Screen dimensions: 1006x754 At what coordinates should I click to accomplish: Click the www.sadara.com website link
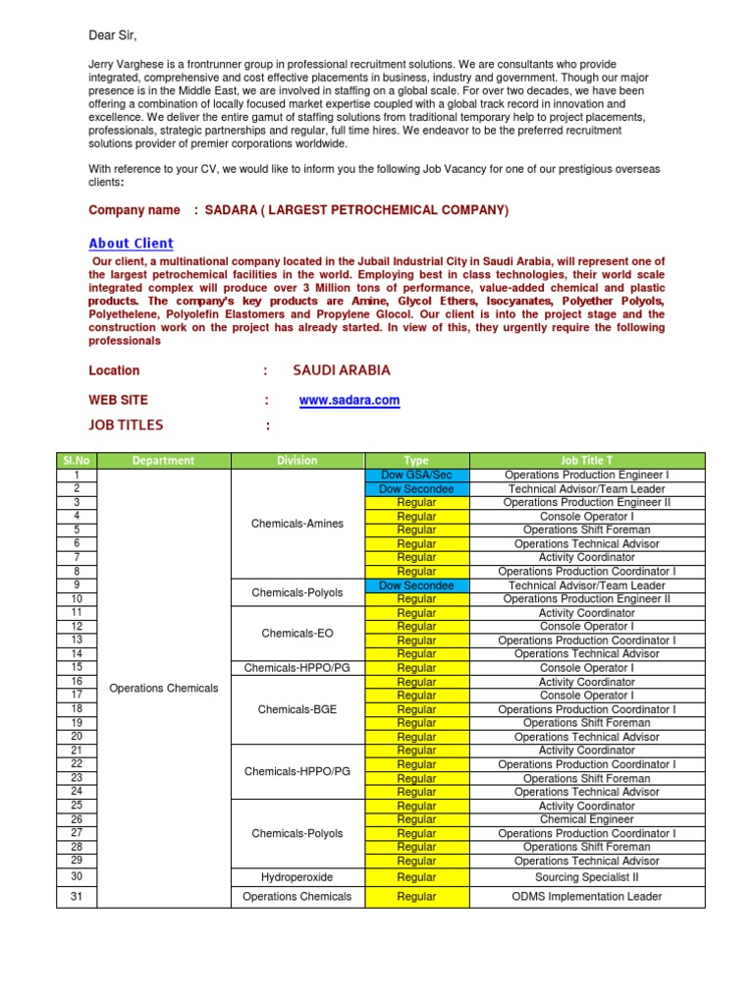click(349, 401)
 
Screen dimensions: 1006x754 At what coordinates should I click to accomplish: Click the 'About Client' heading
click(131, 244)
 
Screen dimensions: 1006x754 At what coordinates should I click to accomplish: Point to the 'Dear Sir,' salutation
click(113, 36)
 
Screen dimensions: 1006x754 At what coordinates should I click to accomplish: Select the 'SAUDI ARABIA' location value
click(341, 370)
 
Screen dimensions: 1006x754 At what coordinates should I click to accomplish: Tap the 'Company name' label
click(134, 210)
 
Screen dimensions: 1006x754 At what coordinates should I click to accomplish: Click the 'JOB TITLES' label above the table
click(126, 425)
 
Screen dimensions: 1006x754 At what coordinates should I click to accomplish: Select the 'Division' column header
click(296, 460)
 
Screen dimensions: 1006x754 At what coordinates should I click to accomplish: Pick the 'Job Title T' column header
click(586, 460)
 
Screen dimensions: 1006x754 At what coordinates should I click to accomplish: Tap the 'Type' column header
click(416, 460)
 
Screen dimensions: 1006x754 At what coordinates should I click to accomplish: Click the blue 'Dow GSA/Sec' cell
click(416, 475)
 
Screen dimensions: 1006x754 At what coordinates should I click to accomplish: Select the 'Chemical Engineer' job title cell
click(586, 819)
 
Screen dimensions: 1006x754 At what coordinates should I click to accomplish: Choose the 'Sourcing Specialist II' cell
click(586, 877)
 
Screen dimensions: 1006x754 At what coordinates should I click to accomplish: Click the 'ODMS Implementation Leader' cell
click(586, 896)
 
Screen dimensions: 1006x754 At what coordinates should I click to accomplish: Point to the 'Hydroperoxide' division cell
click(296, 877)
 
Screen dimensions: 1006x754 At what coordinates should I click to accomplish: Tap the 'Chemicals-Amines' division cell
click(296, 524)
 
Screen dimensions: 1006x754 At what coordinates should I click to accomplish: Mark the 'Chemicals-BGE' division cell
click(296, 709)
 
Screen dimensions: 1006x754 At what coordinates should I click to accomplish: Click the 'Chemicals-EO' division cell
click(296, 634)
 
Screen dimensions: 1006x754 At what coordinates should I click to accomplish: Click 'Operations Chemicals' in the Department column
click(163, 688)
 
